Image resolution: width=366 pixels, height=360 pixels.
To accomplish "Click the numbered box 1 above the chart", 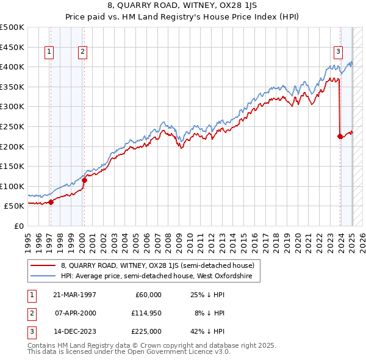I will pos(48,52).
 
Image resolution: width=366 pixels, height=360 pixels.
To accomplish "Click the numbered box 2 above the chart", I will pos(82,52).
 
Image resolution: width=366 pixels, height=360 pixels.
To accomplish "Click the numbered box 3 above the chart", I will pos(337,52).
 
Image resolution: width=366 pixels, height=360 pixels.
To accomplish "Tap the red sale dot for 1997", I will pos(51,202).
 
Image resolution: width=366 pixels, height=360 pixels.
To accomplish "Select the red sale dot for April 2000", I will pos(85,180).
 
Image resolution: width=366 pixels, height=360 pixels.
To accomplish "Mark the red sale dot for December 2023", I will pos(340,136).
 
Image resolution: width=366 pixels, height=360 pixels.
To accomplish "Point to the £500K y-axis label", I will pos(12,27).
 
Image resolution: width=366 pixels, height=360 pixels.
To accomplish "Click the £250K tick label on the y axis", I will pos(12,126).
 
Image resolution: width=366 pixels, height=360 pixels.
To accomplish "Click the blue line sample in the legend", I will pos(43,276).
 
